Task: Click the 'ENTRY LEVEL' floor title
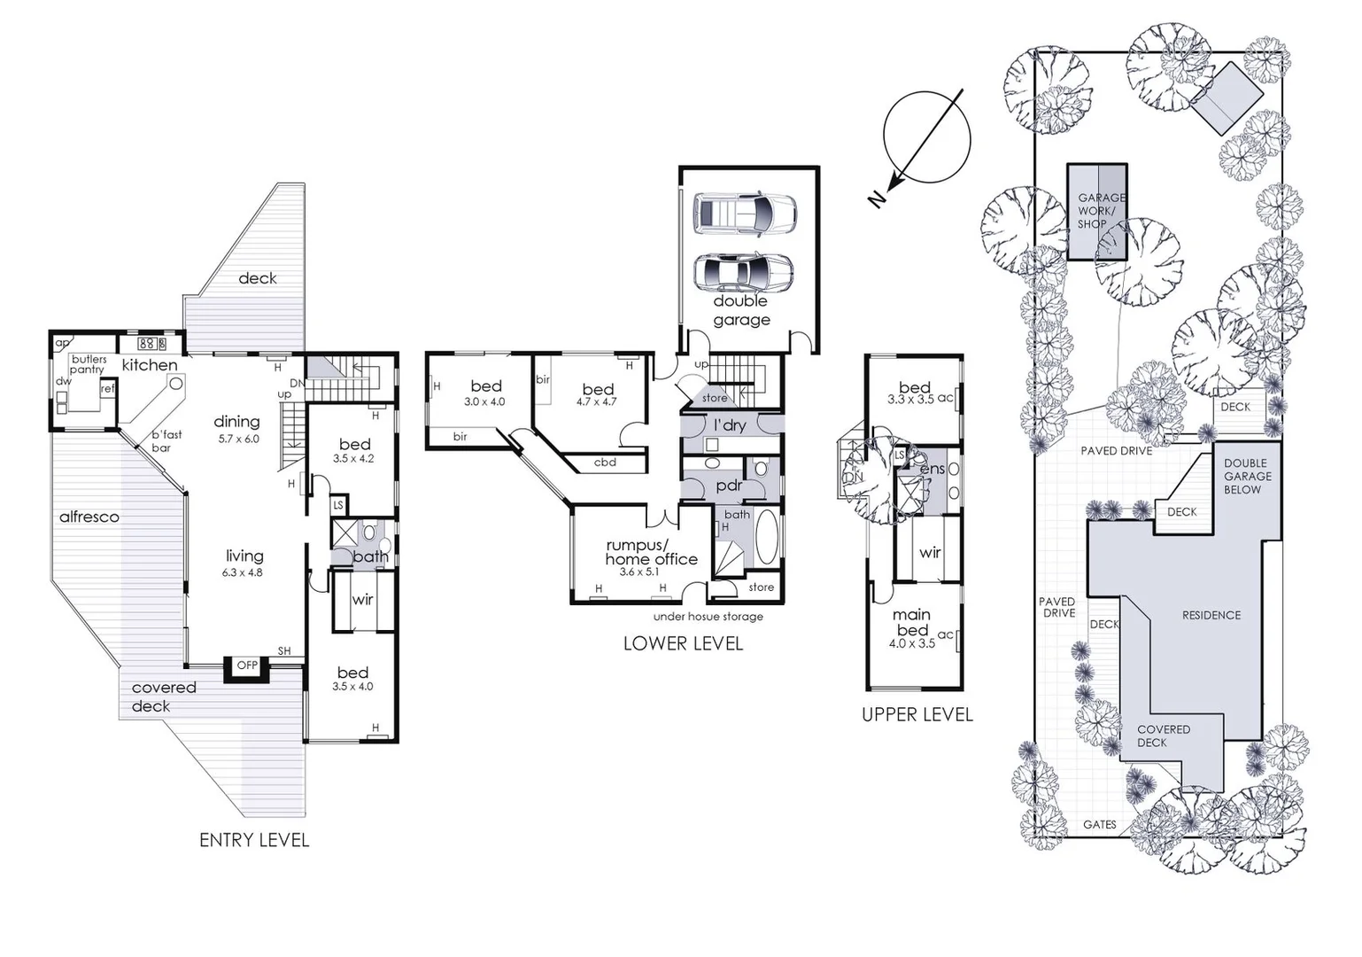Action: point(254,840)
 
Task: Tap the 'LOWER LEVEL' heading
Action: point(683,643)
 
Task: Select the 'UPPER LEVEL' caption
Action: point(917,714)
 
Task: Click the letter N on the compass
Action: point(877,199)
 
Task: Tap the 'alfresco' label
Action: point(89,517)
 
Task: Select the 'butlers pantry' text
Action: point(89,364)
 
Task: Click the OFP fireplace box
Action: point(247,665)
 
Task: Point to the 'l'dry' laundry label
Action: point(730,425)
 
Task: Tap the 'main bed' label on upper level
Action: point(911,622)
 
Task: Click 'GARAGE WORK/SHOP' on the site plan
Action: point(1097,211)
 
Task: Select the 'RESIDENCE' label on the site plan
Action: point(1211,615)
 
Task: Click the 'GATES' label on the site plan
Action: point(1099,824)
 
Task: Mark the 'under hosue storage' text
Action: point(708,617)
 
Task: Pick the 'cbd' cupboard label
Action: point(605,463)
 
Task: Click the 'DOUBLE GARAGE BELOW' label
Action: point(1247,476)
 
